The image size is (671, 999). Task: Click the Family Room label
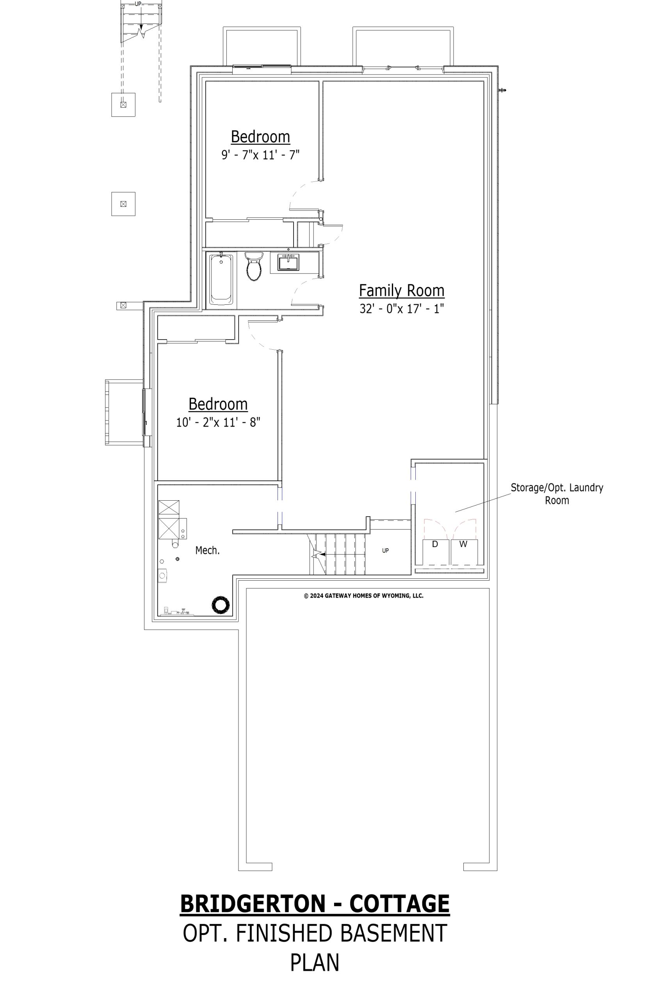(x=401, y=290)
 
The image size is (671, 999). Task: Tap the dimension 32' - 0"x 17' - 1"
(x=401, y=308)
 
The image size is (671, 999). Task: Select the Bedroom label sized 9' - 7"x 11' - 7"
(x=260, y=137)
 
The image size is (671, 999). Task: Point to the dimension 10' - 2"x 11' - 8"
(x=218, y=422)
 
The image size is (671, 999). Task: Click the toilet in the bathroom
(x=254, y=266)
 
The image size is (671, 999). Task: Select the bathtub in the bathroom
(x=221, y=280)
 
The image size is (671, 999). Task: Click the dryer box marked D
(x=435, y=552)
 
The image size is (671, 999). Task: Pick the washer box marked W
(x=464, y=552)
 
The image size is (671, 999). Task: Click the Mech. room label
(x=208, y=551)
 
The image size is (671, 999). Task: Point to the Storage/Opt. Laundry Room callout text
(x=557, y=494)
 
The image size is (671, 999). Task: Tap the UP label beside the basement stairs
(x=386, y=551)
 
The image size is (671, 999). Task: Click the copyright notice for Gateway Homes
(x=363, y=595)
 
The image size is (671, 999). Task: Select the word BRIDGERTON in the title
(x=253, y=904)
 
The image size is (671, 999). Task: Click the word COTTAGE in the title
(x=400, y=904)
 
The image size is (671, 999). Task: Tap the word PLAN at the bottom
(x=315, y=963)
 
